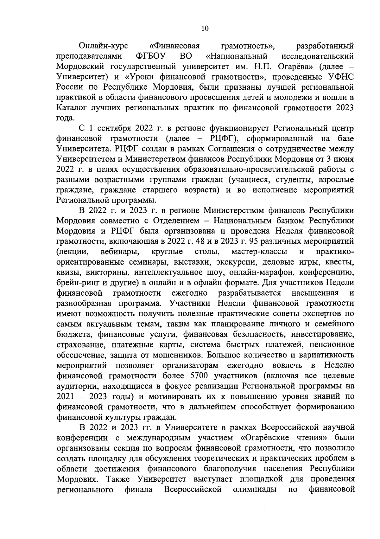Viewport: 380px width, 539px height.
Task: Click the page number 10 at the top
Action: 205,29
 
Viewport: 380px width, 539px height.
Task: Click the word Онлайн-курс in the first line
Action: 103,46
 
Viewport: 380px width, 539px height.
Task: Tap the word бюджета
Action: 73,334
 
